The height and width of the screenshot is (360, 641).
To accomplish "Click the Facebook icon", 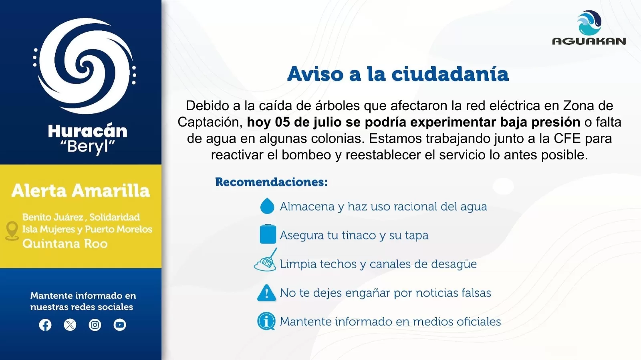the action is pyautogui.click(x=45, y=325).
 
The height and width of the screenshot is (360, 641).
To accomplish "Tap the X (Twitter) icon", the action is pyautogui.click(x=70, y=325).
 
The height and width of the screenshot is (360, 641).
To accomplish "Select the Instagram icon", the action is pyautogui.click(x=95, y=325).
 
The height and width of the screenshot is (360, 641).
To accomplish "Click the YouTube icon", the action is pyautogui.click(x=120, y=325).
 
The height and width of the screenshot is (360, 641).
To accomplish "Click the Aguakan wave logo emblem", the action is pyautogui.click(x=589, y=23).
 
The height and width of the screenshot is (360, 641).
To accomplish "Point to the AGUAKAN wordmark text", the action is pyautogui.click(x=589, y=42).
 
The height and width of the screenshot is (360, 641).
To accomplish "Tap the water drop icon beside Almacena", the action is pyautogui.click(x=267, y=206).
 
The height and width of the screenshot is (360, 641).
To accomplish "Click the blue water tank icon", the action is pyautogui.click(x=268, y=234).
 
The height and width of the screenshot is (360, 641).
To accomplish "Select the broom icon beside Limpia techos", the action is pyautogui.click(x=266, y=260).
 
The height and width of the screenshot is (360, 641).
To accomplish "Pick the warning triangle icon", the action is pyautogui.click(x=266, y=293).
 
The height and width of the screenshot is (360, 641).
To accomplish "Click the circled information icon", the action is pyautogui.click(x=266, y=321).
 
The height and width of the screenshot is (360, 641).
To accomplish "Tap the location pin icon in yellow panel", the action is pyautogui.click(x=12, y=231).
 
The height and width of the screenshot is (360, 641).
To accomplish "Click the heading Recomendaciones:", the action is pyautogui.click(x=271, y=182).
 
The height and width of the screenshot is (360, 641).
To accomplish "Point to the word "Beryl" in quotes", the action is pyautogui.click(x=88, y=147).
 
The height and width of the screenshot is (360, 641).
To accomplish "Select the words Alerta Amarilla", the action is pyautogui.click(x=81, y=191).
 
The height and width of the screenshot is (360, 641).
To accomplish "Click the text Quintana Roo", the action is pyautogui.click(x=65, y=243).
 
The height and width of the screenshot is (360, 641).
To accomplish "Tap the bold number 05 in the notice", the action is pyautogui.click(x=282, y=122).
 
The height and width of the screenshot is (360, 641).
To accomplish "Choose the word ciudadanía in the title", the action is pyautogui.click(x=450, y=74).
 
